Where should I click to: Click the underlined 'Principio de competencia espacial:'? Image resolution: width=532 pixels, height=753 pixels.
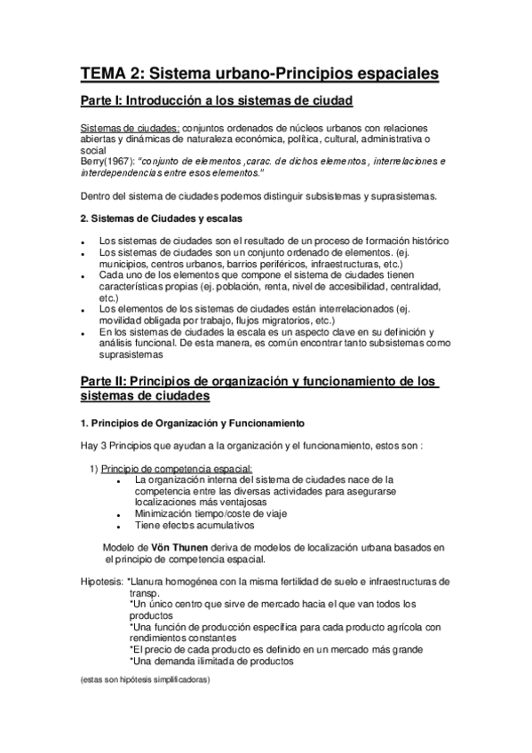177,468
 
